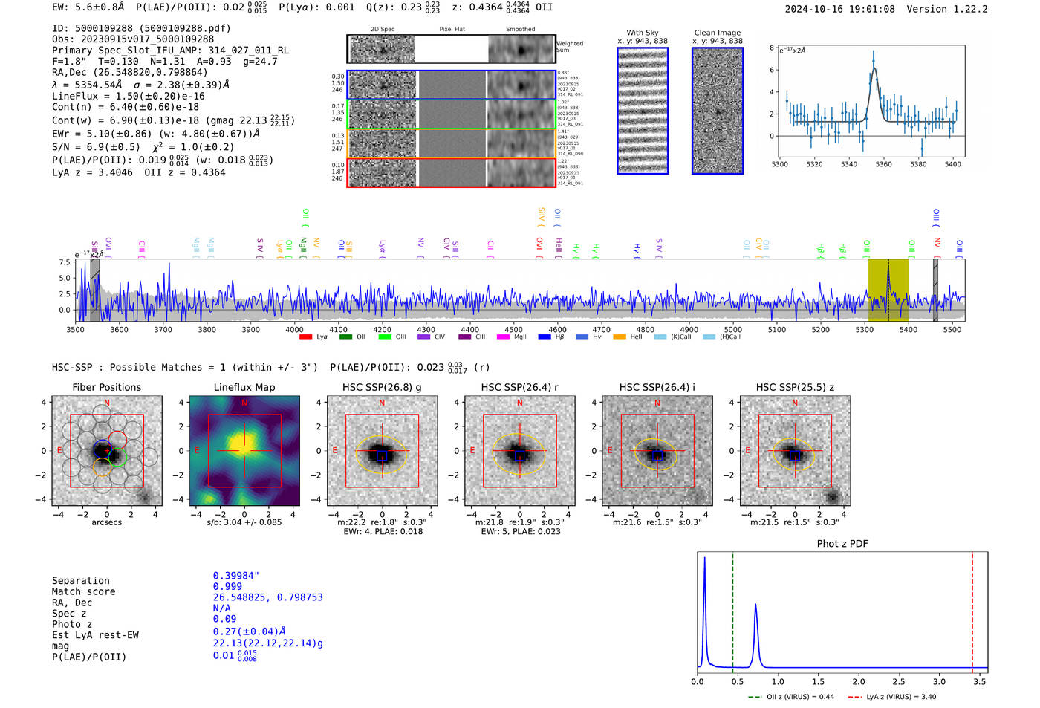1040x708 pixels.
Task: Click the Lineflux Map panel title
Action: tap(244, 387)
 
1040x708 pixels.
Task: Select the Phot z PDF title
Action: tap(842, 544)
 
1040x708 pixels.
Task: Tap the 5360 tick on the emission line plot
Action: tap(883, 164)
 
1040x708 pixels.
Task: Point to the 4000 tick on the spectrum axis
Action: tap(294, 329)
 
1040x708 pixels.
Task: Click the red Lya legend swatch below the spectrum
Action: tap(305, 337)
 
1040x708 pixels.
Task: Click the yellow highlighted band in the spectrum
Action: tap(888, 290)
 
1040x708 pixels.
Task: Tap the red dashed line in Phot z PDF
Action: tap(972, 609)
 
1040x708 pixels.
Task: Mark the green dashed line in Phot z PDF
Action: tap(732, 609)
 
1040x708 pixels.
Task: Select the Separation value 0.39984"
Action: tap(235, 576)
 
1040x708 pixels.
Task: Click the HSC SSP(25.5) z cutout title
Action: tap(795, 387)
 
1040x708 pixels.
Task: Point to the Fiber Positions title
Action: tap(106, 387)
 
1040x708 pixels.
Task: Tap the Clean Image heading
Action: tap(717, 33)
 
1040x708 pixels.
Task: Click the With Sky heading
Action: tap(642, 33)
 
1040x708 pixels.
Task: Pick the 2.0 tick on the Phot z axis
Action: tap(859, 681)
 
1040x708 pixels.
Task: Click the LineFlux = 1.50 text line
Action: tap(128, 96)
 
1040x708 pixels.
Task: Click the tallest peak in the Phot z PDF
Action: tap(704, 559)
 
